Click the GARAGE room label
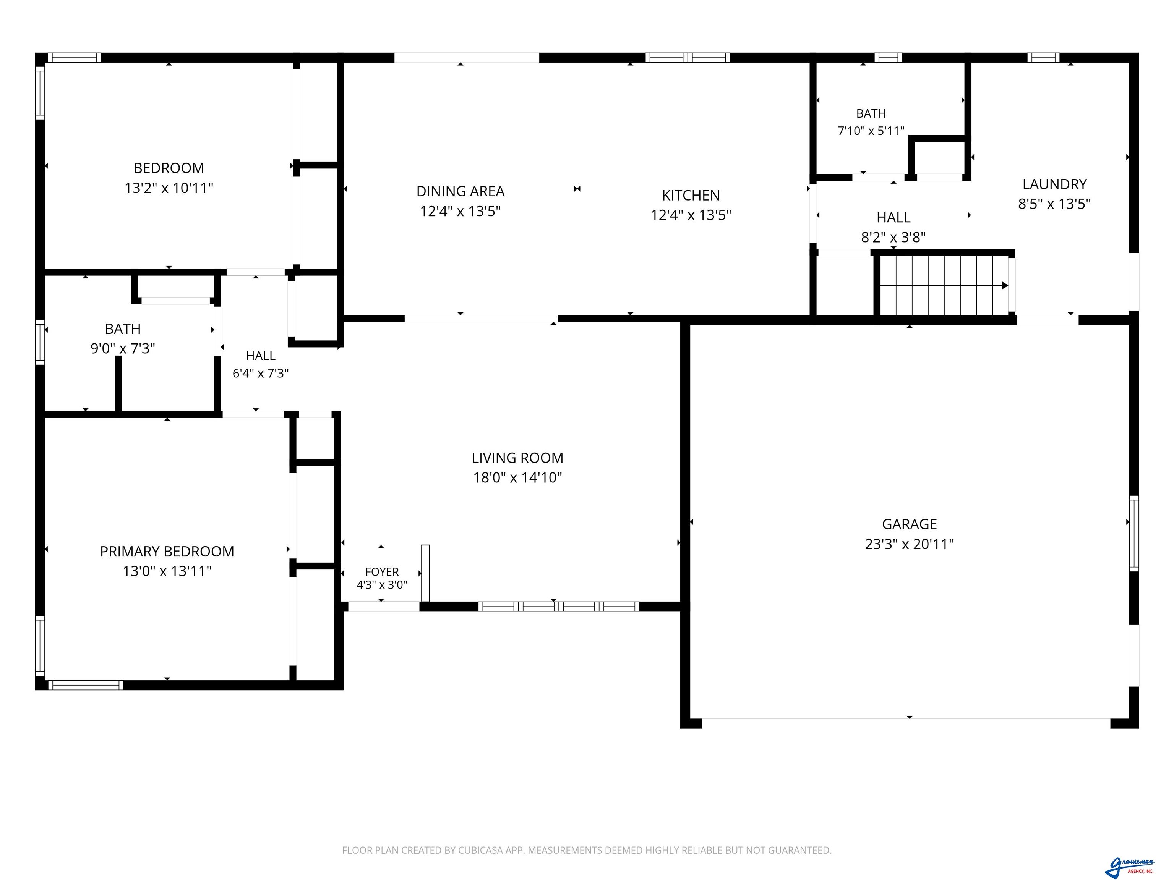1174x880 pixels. (909, 524)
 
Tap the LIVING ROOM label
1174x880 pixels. (517, 458)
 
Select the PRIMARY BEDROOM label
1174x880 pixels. (167, 551)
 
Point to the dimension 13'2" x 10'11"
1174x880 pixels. (169, 188)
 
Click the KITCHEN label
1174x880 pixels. (691, 195)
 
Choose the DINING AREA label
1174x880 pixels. (460, 191)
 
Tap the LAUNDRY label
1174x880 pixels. (1055, 184)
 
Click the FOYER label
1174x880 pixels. (382, 572)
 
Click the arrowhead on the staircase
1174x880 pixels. (1005, 285)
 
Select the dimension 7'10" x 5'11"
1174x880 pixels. (871, 131)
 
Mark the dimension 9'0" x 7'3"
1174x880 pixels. (123, 348)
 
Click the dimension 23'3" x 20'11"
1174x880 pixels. (909, 544)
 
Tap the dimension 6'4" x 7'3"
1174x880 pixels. (261, 373)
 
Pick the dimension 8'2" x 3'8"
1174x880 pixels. (893, 237)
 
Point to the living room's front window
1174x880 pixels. (559, 606)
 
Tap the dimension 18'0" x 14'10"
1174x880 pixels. (517, 478)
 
